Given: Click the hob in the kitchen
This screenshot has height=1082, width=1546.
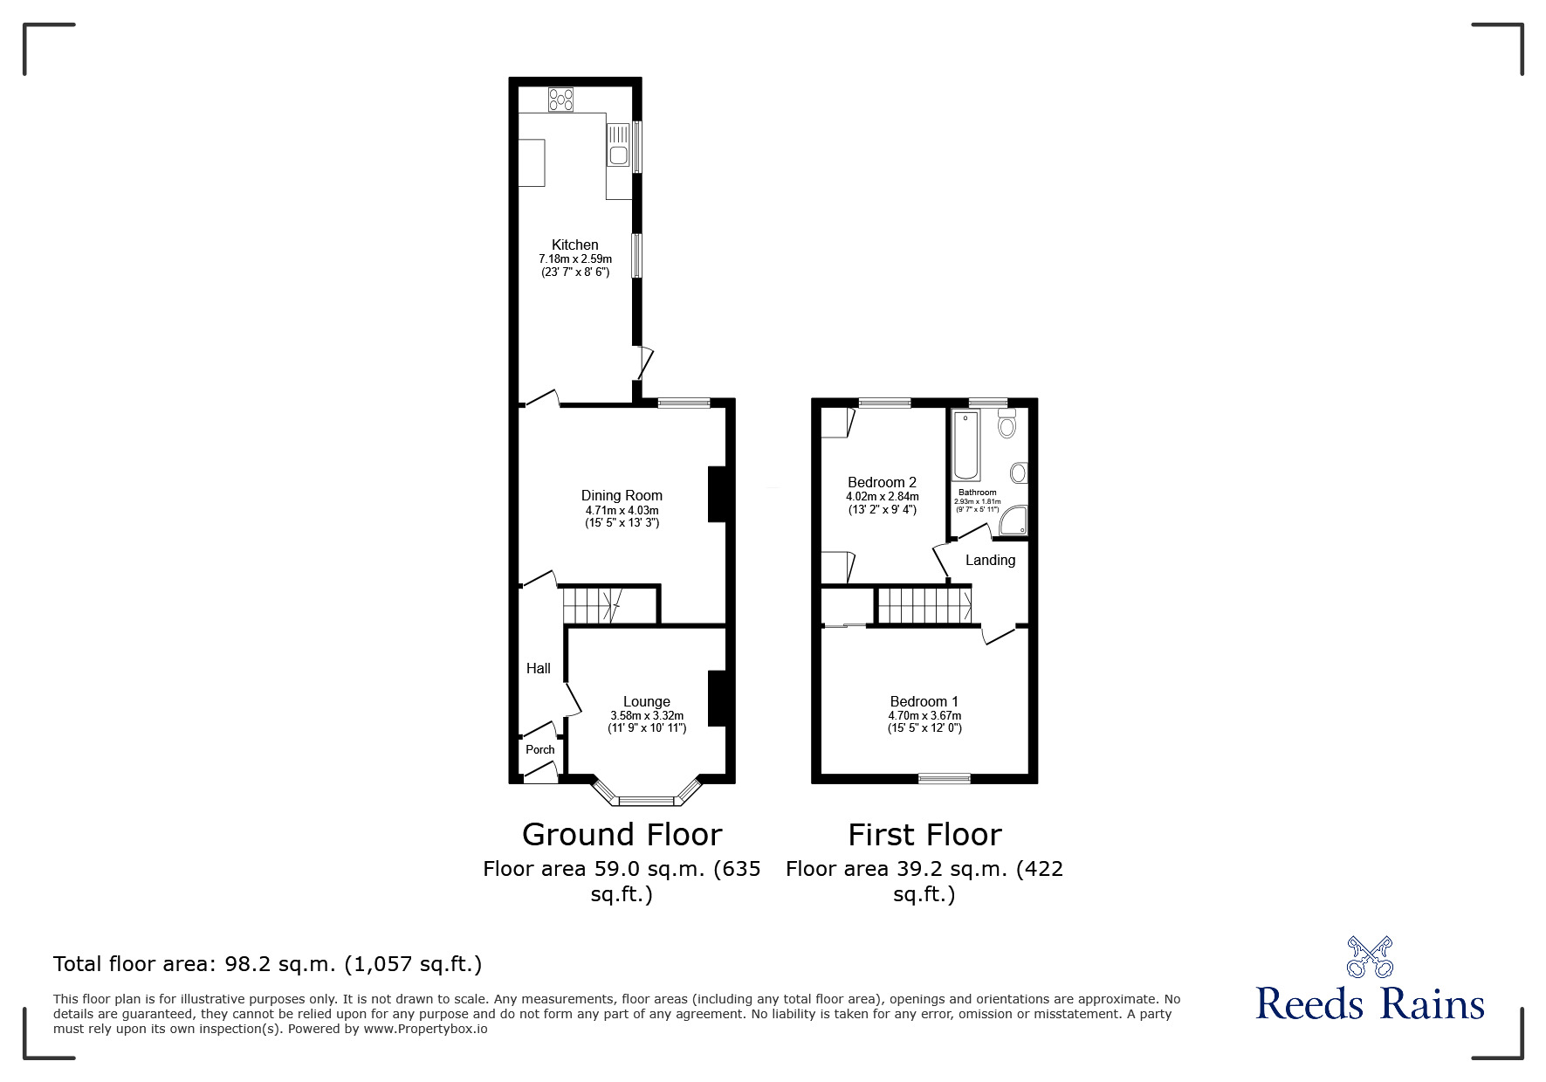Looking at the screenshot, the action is click(560, 100).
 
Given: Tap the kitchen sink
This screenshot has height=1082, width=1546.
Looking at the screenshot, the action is click(618, 145).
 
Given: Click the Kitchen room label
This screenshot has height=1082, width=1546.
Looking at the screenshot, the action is click(575, 245).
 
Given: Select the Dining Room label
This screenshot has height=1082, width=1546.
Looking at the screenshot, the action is click(622, 496).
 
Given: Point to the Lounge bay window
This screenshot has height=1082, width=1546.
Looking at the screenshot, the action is click(647, 794).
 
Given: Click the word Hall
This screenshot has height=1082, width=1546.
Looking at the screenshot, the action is click(539, 669).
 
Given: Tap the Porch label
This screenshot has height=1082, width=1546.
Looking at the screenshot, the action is click(540, 749).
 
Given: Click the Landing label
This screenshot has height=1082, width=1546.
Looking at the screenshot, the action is click(990, 561).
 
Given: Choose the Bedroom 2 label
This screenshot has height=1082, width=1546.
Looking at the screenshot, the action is click(882, 483).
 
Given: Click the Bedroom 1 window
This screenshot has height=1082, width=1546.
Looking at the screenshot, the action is click(944, 778).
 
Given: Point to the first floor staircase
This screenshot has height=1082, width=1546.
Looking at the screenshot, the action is click(924, 605).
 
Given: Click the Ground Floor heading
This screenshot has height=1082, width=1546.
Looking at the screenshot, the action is click(622, 836).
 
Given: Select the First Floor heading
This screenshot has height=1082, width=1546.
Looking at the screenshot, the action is click(924, 836).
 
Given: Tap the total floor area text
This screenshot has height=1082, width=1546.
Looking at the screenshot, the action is click(267, 965).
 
